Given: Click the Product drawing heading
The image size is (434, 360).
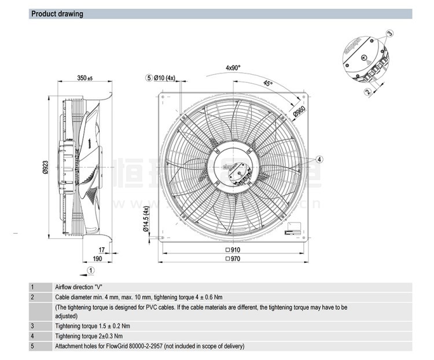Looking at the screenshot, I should coord(57,14).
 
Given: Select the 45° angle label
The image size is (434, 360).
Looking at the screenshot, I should coord(267,84).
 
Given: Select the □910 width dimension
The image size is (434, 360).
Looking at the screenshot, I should coord(233,250).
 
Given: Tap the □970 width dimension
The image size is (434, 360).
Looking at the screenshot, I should coord(233,259).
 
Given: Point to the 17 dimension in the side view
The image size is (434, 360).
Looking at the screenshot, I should coord(101,250).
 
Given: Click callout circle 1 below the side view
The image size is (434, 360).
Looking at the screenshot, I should coord(90,270).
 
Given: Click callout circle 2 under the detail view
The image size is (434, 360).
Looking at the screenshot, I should coord(367,91).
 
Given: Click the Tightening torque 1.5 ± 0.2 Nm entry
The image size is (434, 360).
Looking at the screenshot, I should coord(89,326).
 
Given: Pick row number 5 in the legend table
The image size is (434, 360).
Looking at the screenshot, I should coord(33,346).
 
